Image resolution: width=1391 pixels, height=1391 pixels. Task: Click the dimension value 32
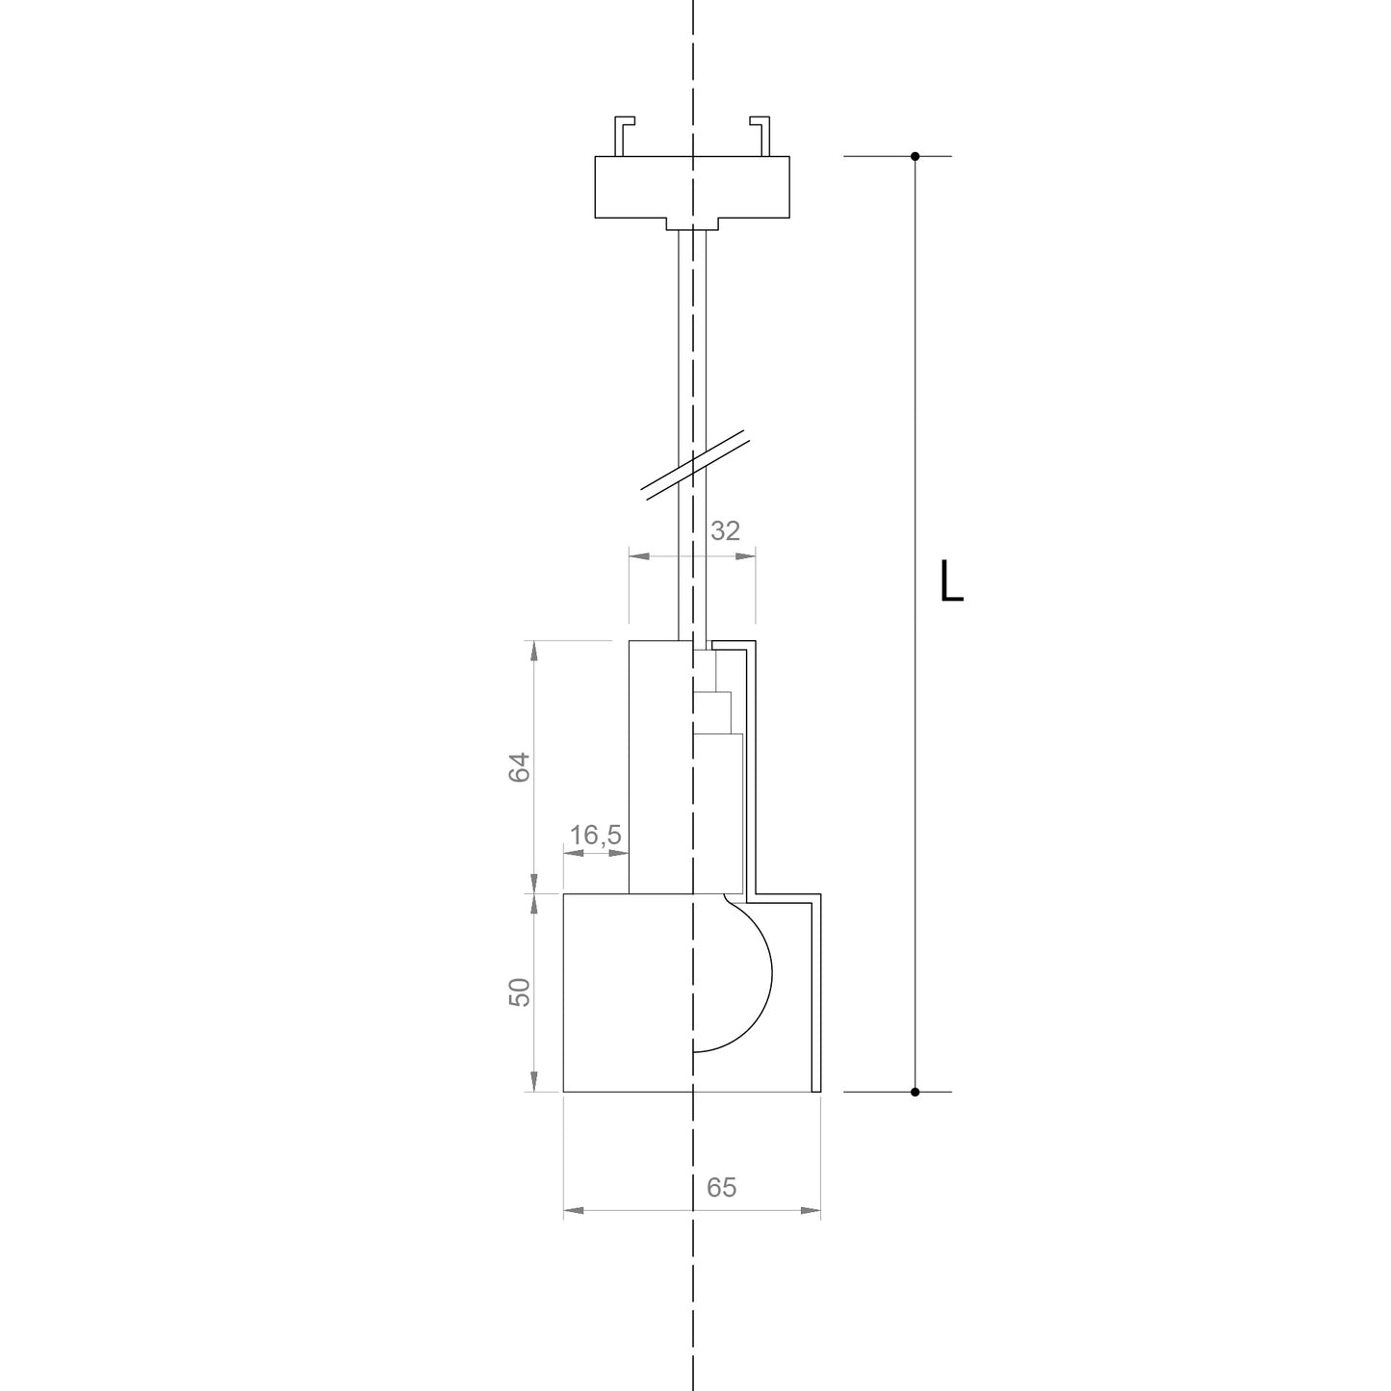click(x=726, y=531)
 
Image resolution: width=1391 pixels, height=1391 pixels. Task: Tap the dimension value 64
click(x=520, y=766)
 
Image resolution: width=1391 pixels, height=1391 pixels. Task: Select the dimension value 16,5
click(x=596, y=836)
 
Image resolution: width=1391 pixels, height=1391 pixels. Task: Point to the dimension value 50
click(x=520, y=992)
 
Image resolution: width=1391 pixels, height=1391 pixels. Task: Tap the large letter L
click(x=951, y=580)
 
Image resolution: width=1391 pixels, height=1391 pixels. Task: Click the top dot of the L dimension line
click(x=914, y=156)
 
